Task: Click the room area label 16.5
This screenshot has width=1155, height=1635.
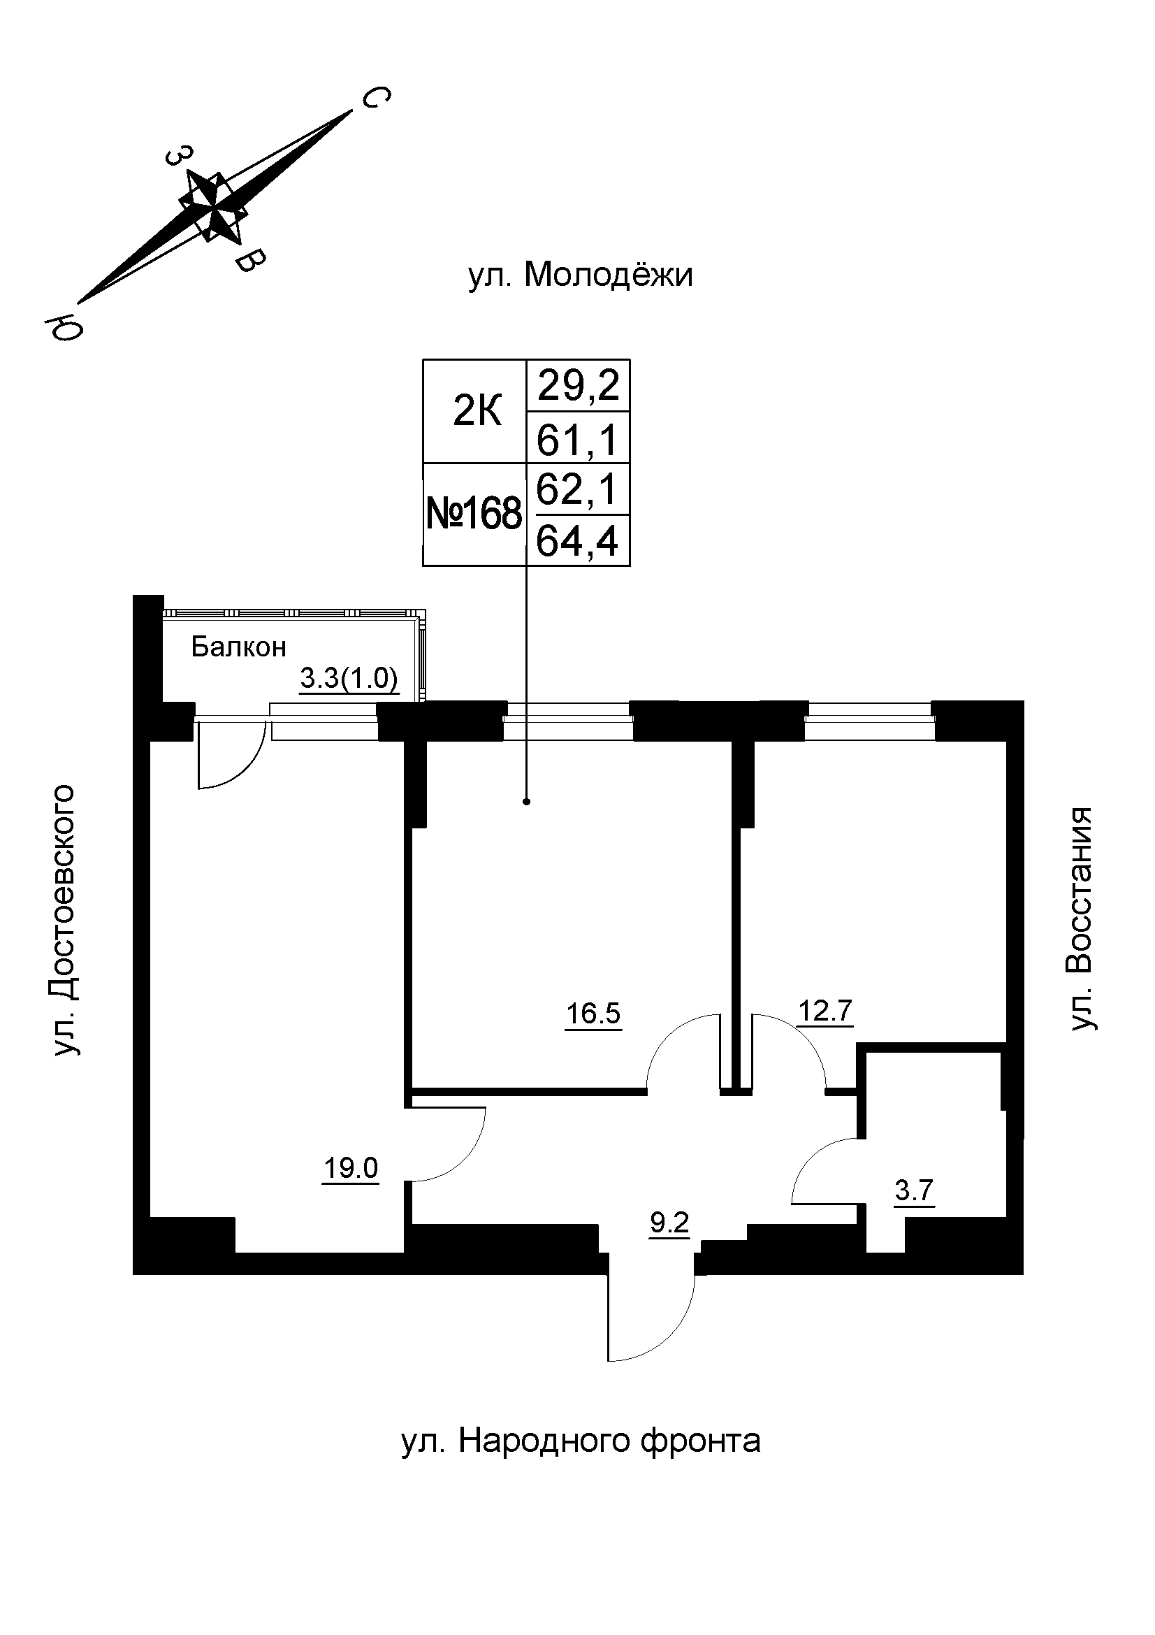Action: tap(593, 1013)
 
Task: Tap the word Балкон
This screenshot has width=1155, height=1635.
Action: tap(238, 647)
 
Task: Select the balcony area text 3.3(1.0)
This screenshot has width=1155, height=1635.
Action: tap(349, 679)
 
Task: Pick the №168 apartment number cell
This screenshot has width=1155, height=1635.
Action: tap(474, 514)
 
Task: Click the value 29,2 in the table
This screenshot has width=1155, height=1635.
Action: tap(578, 386)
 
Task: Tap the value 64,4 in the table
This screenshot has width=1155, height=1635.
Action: tap(578, 541)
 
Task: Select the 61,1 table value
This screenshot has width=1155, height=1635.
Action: tap(578, 439)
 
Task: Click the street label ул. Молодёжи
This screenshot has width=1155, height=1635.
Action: tap(580, 275)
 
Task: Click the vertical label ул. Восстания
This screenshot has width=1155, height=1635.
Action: tap(1080, 919)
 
